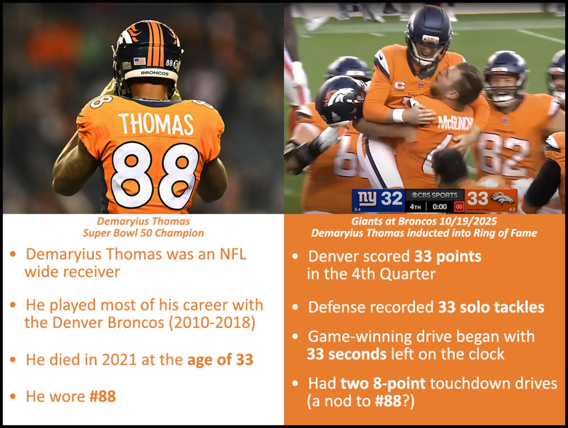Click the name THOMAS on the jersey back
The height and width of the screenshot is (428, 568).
(156, 124)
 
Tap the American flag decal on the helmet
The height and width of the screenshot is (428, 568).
(140, 62)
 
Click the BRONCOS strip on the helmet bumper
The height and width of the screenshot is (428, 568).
(154, 73)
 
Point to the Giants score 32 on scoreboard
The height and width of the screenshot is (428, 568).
(391, 199)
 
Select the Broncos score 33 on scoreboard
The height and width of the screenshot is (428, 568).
(478, 199)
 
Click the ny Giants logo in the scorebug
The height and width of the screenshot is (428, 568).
(367, 199)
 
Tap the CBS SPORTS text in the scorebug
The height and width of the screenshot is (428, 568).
(435, 195)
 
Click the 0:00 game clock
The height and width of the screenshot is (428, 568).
(439, 207)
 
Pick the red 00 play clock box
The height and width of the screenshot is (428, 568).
(459, 207)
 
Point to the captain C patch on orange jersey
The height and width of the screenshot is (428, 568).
(400, 85)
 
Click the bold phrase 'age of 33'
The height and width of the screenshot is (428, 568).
(220, 360)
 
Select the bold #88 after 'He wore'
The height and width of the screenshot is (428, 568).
(103, 396)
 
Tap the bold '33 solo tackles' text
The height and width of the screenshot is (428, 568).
(491, 307)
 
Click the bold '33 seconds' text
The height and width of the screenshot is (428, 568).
(347, 354)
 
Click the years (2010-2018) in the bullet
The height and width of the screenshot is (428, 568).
(212, 323)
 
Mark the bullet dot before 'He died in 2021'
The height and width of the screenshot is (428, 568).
(13, 360)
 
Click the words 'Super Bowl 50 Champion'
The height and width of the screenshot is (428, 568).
(143, 233)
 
